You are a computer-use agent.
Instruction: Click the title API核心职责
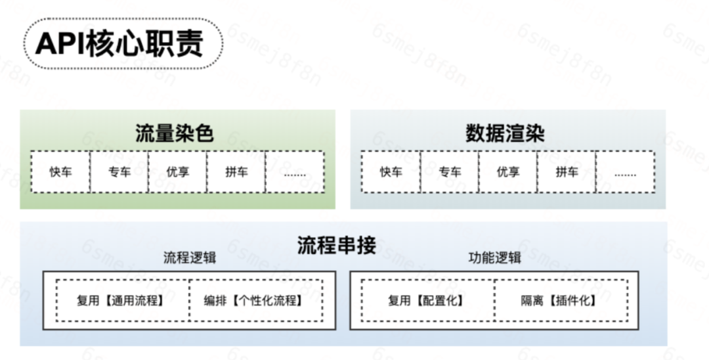point(119,44)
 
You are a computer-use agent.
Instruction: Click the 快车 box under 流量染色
point(60,172)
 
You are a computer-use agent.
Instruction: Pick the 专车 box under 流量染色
point(119,172)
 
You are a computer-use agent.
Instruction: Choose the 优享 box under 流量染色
point(177,172)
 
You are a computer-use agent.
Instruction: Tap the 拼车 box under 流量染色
point(236,172)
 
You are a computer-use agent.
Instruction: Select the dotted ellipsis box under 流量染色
point(295,172)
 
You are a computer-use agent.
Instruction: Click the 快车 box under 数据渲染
point(391,172)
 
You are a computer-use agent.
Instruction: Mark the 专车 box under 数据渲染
point(449,172)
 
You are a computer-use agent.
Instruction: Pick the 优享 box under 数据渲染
point(507,172)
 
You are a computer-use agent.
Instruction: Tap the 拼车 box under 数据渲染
point(567,172)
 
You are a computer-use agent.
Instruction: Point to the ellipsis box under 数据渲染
point(625,172)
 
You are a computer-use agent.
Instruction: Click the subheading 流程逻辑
point(189,258)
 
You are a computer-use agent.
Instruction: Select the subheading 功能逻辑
point(494,258)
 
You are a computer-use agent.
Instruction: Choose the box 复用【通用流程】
point(123,301)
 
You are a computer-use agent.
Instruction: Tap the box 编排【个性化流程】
point(255,301)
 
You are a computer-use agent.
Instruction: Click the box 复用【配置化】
point(427,301)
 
